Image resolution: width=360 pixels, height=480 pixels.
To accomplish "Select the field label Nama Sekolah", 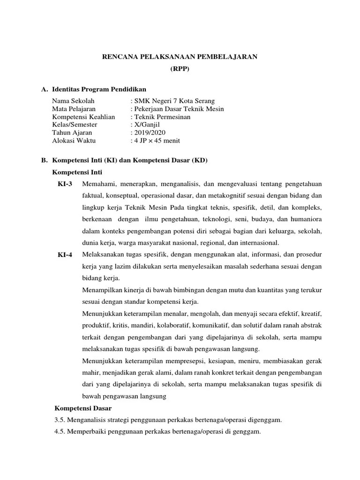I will point(73,101).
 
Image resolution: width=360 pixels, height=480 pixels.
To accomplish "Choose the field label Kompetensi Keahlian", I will point(83,117).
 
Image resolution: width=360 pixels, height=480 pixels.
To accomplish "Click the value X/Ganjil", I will point(145,125).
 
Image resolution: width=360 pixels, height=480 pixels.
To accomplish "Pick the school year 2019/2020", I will point(149,133).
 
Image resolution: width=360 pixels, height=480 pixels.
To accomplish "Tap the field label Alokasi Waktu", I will point(75,141).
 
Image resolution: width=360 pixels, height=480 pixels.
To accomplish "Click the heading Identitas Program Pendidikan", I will point(99,89).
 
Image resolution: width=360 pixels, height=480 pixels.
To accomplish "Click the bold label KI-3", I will point(65,183).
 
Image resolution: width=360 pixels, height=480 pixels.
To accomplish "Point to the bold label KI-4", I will point(65,255).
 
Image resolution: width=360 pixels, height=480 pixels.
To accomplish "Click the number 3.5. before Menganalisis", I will point(61,420).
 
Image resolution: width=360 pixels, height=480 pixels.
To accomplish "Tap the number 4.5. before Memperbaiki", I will point(61,431).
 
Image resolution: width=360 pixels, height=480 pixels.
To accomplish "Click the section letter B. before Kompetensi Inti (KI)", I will point(45,160).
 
